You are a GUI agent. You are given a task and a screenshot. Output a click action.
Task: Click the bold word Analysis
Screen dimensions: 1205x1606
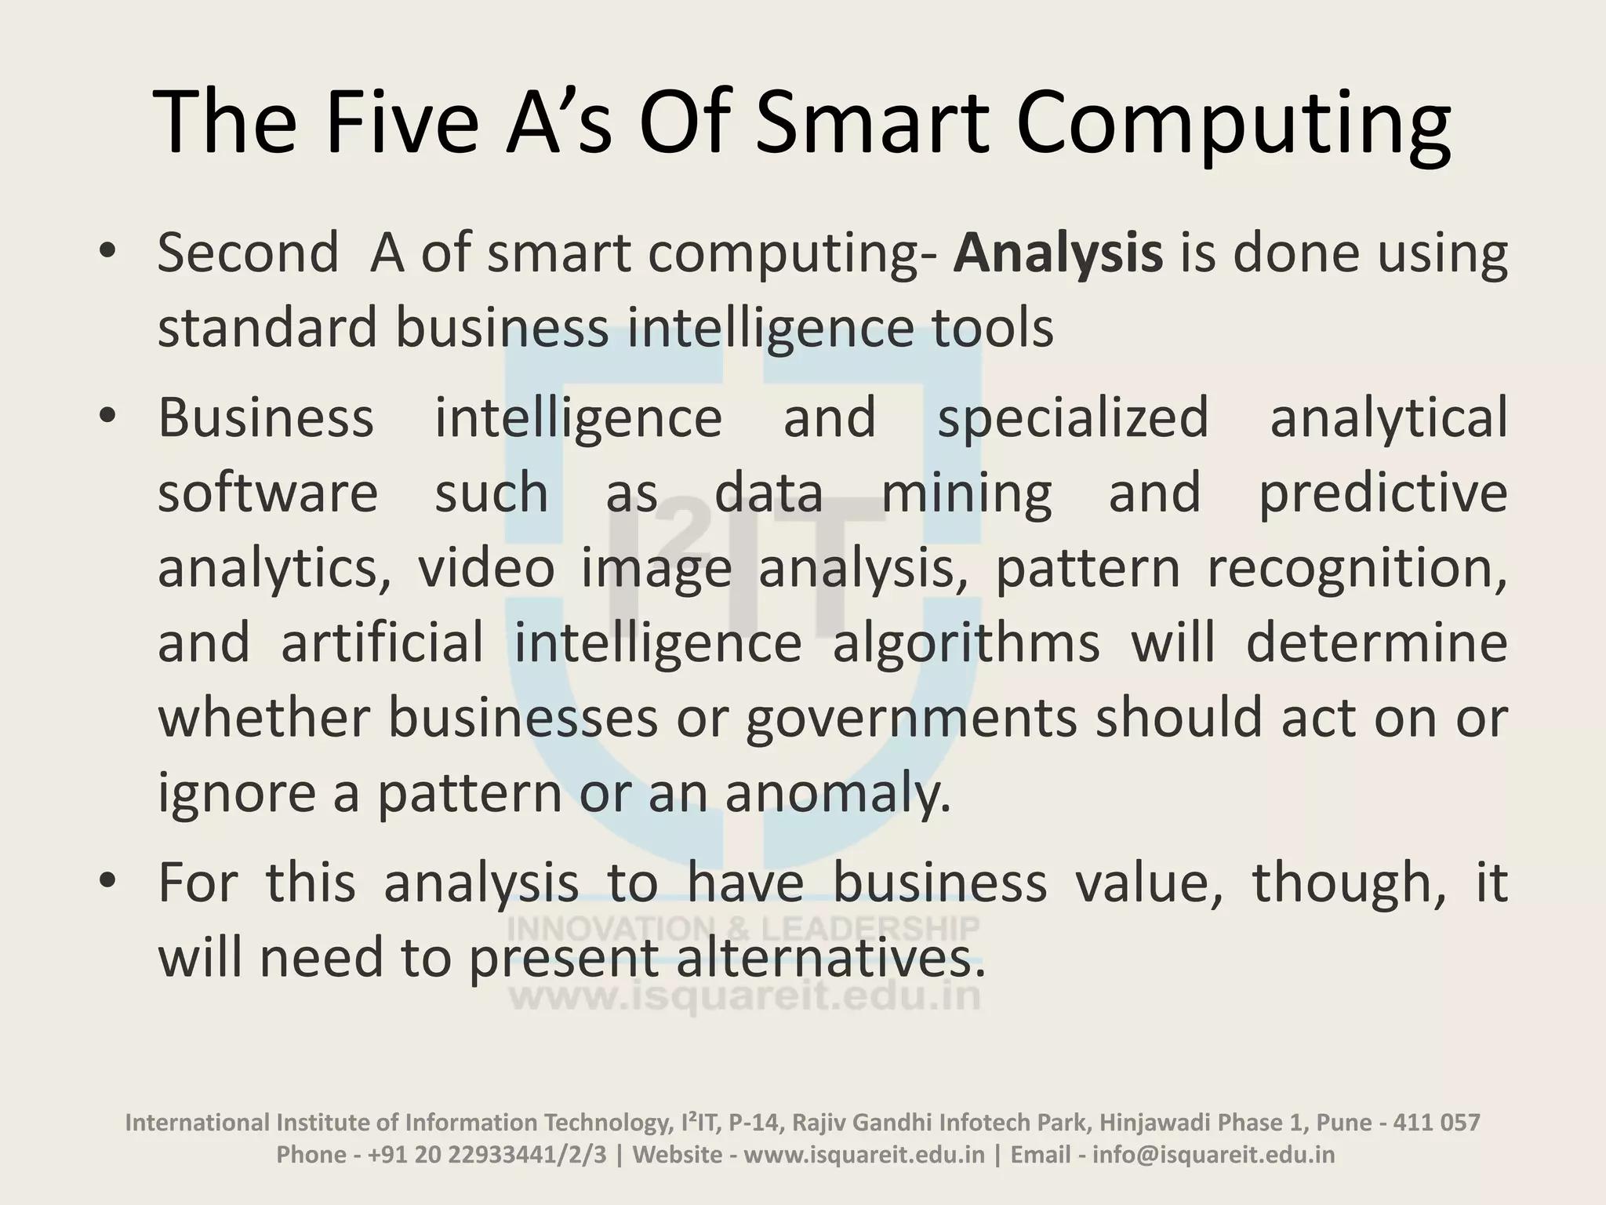[1058, 253]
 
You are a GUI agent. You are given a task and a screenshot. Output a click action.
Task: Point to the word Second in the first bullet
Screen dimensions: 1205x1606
[248, 253]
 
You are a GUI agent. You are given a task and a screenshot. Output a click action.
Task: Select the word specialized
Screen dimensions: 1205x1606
[1073, 418]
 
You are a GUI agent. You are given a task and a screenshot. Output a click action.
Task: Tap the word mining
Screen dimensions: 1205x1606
[966, 493]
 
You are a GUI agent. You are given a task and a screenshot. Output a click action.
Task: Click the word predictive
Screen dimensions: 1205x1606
[1383, 493]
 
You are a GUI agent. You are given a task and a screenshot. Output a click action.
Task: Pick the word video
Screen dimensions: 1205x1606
[486, 567]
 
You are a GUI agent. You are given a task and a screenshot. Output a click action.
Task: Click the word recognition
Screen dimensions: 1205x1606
[1356, 569]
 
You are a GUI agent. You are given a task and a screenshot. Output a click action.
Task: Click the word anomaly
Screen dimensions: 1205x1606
[838, 793]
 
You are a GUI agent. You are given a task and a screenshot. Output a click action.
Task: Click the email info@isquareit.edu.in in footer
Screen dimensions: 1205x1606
[1213, 1155]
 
